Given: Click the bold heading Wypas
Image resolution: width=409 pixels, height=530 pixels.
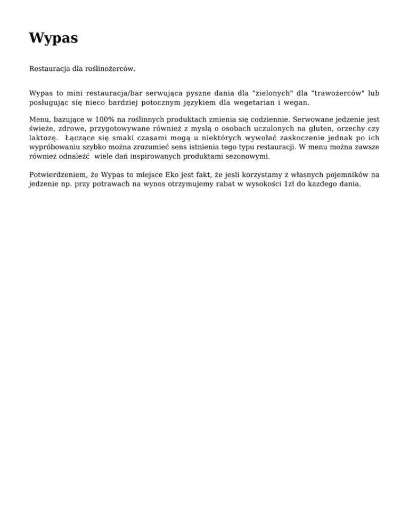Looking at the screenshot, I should click(x=53, y=38).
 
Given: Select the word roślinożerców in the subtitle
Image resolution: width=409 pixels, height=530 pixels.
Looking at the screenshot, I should click(x=110, y=69).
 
